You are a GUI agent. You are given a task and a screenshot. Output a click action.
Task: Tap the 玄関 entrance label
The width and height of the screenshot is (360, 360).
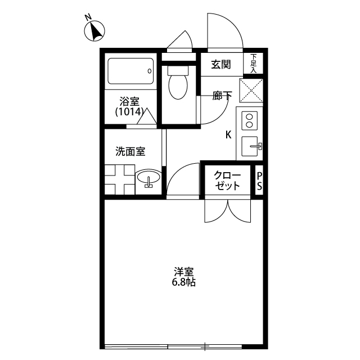point(221,65)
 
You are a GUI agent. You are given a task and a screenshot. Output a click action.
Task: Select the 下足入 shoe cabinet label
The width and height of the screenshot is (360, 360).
point(253,64)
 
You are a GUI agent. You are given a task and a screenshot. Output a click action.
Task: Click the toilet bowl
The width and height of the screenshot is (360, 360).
point(178,87)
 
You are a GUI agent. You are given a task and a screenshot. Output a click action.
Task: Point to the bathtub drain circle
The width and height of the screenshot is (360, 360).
point(150,71)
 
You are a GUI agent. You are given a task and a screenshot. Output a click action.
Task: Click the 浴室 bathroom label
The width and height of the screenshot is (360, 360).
point(129,101)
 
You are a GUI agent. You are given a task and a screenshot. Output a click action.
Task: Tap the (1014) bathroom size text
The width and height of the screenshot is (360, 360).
point(129,112)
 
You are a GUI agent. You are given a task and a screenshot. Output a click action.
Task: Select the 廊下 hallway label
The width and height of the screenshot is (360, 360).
point(222,96)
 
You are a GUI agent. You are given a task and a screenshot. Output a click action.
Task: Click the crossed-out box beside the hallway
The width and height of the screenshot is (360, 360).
point(251,91)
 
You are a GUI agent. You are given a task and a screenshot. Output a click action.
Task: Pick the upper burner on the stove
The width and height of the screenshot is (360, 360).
point(249,117)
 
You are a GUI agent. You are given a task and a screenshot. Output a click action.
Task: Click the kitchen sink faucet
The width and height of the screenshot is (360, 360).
point(256,146)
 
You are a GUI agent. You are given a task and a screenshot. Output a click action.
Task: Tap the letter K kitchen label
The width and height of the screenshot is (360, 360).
point(228,135)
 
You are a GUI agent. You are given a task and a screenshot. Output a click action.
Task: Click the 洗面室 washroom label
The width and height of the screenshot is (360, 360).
point(130,151)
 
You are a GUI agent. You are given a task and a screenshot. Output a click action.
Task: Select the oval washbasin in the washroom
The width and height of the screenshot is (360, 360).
point(148,177)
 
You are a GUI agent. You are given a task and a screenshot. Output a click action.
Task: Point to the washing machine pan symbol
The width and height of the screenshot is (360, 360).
point(120,179)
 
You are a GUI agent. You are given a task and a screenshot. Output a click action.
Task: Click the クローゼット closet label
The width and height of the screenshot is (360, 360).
point(227,181)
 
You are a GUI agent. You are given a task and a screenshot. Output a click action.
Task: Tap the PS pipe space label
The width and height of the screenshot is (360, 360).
point(259,181)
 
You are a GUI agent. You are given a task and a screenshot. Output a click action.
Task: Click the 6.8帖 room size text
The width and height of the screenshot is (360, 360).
point(184,282)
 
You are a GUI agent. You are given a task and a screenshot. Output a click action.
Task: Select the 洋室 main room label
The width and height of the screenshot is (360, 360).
point(184,272)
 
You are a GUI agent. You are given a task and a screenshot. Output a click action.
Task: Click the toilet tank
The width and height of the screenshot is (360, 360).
point(178,70)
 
